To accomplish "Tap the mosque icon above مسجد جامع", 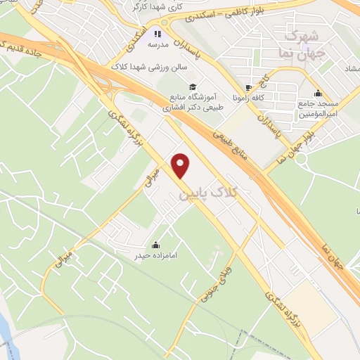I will pos(318,93).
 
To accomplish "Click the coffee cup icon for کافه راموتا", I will pos(247,89).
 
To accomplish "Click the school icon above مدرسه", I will pos(159,32).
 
